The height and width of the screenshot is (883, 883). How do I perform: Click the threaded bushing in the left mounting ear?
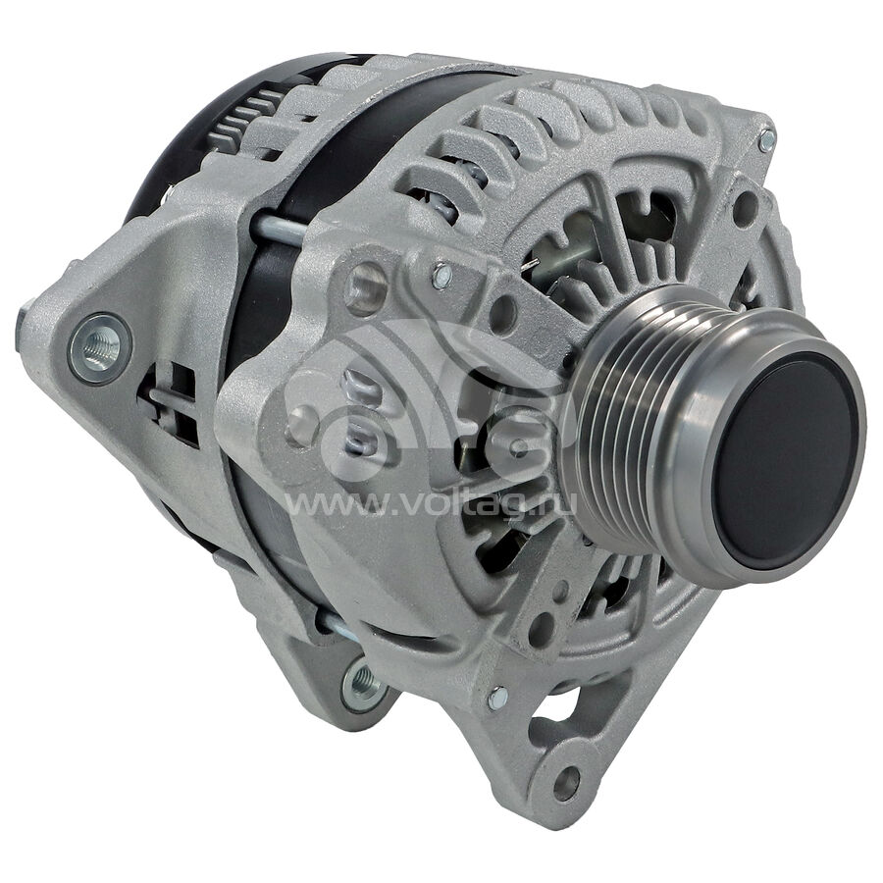click(101, 348)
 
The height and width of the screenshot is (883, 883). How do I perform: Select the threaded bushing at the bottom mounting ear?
click(361, 682)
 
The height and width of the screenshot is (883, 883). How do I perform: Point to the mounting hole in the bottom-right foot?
click(566, 783)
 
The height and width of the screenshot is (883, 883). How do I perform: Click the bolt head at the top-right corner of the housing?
click(766, 140)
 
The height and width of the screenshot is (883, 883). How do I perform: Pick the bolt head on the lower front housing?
click(496, 699)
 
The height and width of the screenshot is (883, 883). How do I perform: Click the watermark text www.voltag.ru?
click(432, 503)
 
